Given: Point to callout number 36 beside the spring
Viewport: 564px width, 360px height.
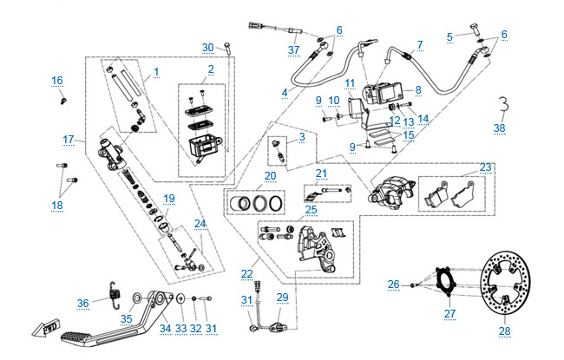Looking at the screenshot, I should coord(83,303).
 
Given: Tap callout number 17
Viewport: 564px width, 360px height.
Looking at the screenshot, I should coord(69,139).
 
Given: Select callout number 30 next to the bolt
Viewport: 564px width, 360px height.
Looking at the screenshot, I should coord(207,47).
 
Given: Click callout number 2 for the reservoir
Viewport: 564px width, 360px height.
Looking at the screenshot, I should coord(211,69).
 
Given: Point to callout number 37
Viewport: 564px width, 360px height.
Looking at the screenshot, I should coord(294,49).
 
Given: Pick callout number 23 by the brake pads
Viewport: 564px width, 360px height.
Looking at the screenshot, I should coord(485,167).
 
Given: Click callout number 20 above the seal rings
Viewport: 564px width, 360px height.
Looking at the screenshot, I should coord(270,175).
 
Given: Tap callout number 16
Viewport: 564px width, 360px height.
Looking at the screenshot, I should coord(57,81).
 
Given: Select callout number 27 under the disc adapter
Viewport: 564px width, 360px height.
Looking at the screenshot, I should coord(449,314).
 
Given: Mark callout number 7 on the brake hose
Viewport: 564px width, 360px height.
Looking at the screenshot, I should coord(419,44).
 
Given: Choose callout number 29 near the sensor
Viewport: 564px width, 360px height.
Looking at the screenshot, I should coord(282,298).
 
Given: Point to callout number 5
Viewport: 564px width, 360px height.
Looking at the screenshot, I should coord(450,36).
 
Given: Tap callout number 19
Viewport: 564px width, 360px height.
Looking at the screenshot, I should coord(169,199).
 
